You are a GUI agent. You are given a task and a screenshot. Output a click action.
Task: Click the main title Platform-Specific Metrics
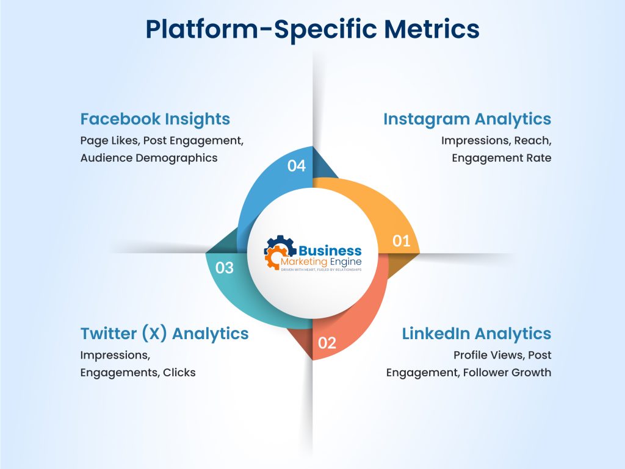pyautogui.click(x=312, y=29)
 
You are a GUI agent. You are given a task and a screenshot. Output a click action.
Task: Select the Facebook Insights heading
pyautogui.click(x=155, y=119)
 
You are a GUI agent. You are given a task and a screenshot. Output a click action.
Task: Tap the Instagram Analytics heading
pyautogui.click(x=467, y=119)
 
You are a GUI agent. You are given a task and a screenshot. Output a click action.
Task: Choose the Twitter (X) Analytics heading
pyautogui.click(x=164, y=334)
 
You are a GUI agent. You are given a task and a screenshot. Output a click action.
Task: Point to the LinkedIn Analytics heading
pyautogui.click(x=476, y=334)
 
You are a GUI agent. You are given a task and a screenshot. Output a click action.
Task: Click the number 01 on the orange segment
pyautogui.click(x=401, y=241)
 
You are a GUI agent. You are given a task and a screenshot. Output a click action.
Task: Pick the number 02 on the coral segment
pyautogui.click(x=327, y=343)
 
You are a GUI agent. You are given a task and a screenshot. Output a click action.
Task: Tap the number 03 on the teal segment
pyautogui.click(x=225, y=267)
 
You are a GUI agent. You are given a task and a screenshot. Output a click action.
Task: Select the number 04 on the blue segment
pyautogui.click(x=296, y=165)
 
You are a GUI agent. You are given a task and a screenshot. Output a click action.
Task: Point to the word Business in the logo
pyautogui.click(x=330, y=251)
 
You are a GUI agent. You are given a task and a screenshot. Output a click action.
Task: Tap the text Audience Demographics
pyautogui.click(x=148, y=158)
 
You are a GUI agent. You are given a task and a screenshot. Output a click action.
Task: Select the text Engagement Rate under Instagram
pyautogui.click(x=501, y=158)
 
